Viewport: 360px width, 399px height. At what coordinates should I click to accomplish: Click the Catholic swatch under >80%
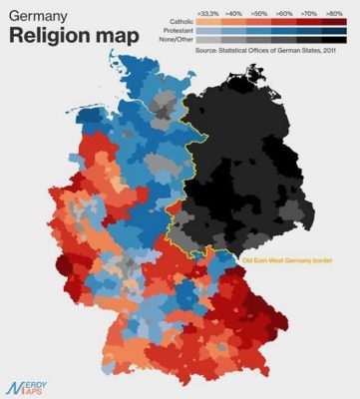coord(333,20)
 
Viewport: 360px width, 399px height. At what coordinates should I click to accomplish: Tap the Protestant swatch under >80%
coord(333,29)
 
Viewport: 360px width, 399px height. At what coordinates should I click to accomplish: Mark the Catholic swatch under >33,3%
coord(207,20)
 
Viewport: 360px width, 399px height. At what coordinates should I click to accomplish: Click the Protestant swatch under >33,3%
coord(207,29)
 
